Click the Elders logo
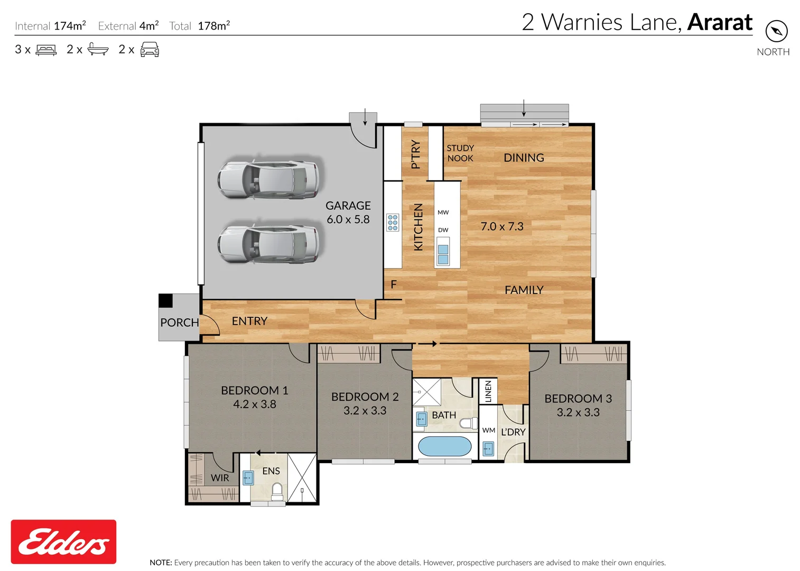point(63,541)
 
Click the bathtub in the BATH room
point(444,446)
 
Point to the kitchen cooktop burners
point(393,223)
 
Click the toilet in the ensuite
point(277,492)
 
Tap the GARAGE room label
point(348,206)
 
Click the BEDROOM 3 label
point(578,399)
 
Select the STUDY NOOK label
point(460,153)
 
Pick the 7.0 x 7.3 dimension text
point(502,226)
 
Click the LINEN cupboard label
point(488,391)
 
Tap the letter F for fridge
point(394,284)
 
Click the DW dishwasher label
point(443,230)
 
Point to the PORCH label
point(180,323)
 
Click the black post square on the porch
point(166,300)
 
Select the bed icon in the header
point(46,50)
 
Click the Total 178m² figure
point(213,26)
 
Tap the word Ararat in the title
point(720,22)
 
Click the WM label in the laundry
point(489,430)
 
